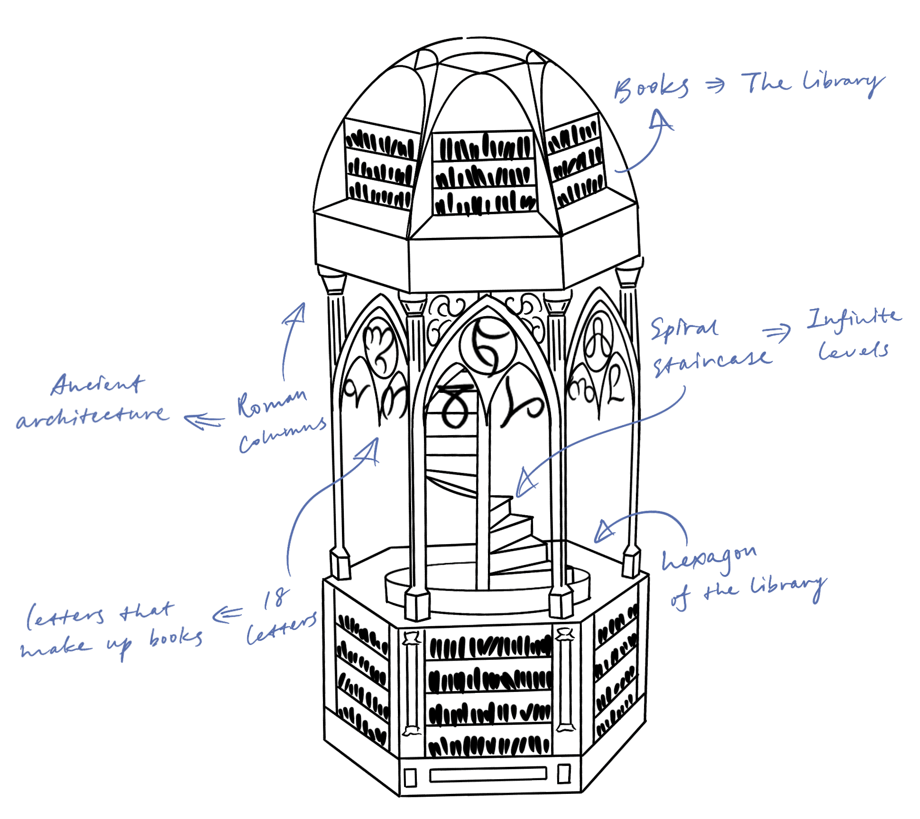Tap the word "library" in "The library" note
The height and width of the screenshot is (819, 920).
(x=842, y=85)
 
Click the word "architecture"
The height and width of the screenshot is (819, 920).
(x=92, y=416)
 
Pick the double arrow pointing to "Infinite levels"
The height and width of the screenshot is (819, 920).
(x=778, y=334)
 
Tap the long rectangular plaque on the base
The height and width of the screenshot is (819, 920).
(x=488, y=775)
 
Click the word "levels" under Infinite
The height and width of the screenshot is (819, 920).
(x=854, y=351)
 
